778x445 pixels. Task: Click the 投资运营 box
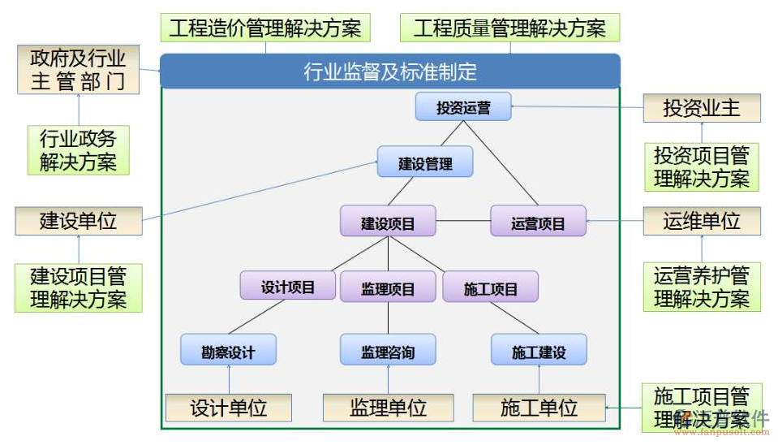click(463, 107)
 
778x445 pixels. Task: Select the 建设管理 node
click(425, 163)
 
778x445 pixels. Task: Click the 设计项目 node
click(287, 287)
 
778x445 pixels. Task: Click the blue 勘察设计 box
click(228, 351)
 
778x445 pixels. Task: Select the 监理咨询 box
click(388, 351)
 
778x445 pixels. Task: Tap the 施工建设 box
click(539, 351)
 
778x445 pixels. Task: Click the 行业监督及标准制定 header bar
click(390, 71)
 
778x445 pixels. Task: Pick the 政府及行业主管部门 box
click(78, 70)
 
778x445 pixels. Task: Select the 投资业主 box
click(702, 108)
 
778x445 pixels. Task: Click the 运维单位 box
click(702, 221)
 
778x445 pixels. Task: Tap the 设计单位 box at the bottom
click(228, 407)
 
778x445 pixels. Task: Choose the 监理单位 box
click(388, 407)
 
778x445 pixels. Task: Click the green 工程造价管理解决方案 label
click(264, 28)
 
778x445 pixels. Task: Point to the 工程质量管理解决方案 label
click(509, 28)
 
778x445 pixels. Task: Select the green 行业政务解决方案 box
click(78, 150)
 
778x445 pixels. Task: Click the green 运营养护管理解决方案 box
click(702, 287)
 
